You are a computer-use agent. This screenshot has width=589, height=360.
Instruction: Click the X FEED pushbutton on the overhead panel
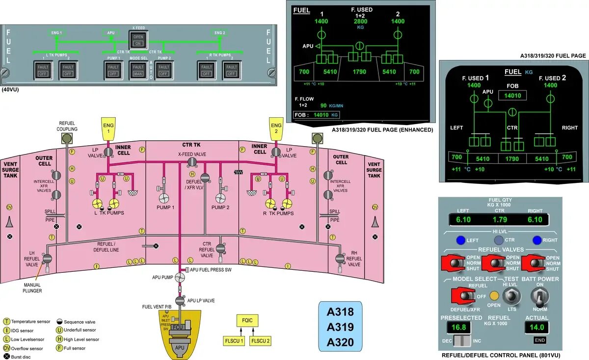138,40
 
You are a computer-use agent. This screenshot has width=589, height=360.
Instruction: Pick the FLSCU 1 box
234,341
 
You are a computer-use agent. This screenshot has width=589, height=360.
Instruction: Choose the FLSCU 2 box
261,341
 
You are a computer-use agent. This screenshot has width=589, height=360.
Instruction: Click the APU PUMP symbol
180,278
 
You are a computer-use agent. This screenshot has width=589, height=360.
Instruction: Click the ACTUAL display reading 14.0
536,327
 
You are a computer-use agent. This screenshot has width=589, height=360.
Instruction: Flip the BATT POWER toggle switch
540,297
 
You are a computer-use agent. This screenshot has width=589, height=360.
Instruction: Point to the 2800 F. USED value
360,22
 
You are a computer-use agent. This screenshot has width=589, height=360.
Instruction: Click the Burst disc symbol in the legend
7,357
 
